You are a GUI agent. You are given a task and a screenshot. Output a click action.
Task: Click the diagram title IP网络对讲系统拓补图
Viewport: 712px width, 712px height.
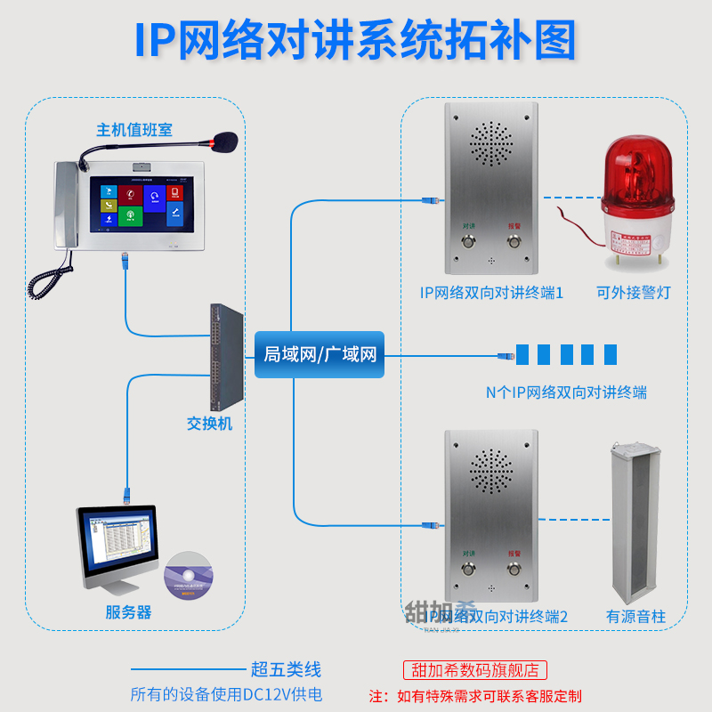[x=356, y=40]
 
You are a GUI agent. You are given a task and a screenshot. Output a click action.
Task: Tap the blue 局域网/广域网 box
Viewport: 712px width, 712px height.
[x=320, y=354]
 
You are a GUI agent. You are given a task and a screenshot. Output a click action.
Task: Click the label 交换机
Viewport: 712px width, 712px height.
[x=209, y=424]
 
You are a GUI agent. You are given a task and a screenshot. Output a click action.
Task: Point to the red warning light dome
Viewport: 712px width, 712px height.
[x=637, y=169]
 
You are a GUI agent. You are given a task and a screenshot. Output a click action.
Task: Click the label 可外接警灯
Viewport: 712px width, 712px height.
[x=633, y=293]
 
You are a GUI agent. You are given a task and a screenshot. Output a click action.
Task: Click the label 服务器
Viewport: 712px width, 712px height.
[x=128, y=612]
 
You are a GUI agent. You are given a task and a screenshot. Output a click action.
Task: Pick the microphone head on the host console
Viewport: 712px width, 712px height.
[x=223, y=140]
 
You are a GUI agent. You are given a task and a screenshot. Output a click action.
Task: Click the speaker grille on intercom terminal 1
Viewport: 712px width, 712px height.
[x=491, y=143]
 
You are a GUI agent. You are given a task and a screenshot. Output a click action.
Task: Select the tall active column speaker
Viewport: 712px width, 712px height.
[x=635, y=521]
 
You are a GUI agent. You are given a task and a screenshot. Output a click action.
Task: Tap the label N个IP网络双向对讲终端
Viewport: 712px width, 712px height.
[x=566, y=392]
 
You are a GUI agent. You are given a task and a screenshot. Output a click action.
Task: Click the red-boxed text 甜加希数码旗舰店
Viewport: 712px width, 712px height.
[x=475, y=670]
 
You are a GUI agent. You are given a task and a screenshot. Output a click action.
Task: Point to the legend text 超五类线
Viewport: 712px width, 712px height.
[x=286, y=669]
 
